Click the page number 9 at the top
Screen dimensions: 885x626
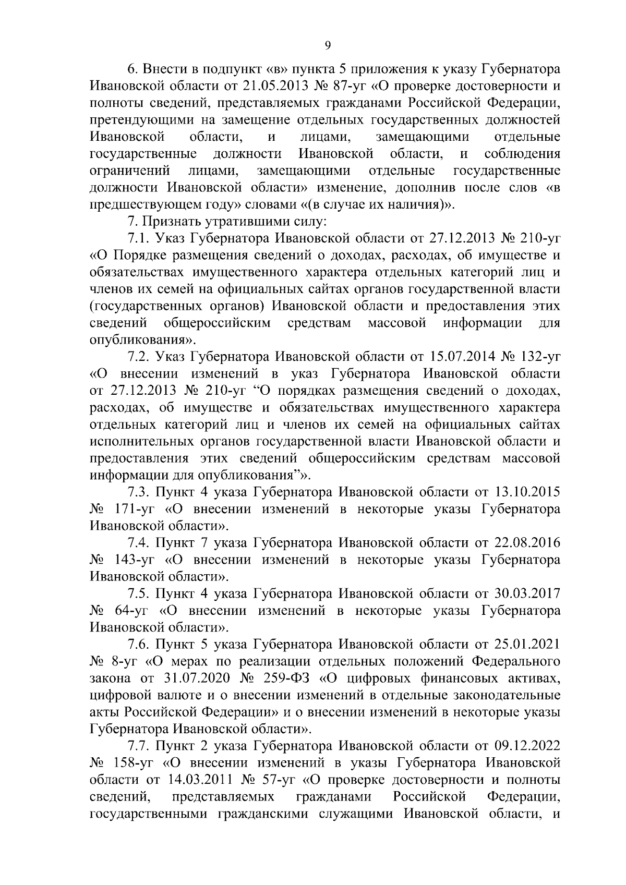pos(328,45)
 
